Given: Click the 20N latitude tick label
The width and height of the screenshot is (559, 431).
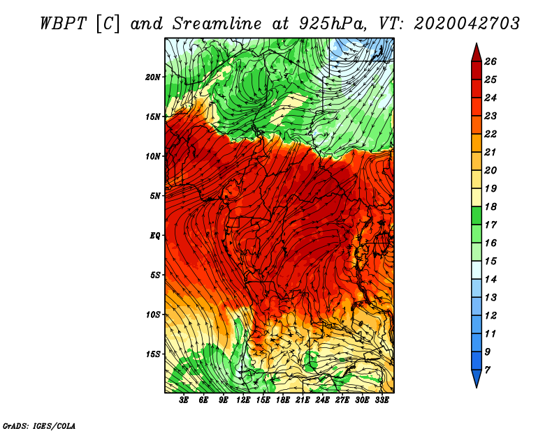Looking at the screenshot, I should click(x=153, y=77).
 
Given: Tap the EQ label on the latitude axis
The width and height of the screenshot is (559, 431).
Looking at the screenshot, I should click(x=154, y=236).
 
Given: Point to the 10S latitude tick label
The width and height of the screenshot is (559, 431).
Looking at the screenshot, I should click(x=153, y=315).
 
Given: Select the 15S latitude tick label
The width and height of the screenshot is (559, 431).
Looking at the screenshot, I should click(x=153, y=354).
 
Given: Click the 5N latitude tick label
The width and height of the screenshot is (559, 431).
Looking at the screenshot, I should click(x=155, y=196).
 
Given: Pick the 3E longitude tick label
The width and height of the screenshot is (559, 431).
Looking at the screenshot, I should click(x=184, y=400).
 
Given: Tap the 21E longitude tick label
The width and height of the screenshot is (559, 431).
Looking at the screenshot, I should click(x=303, y=400).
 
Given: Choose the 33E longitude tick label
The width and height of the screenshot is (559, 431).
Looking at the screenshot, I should click(x=382, y=400).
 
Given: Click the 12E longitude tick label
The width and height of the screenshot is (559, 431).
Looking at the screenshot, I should click(x=243, y=400).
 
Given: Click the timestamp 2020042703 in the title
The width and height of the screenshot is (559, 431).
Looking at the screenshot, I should click(x=467, y=22).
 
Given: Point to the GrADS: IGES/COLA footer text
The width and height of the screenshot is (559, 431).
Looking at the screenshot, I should click(x=39, y=425).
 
